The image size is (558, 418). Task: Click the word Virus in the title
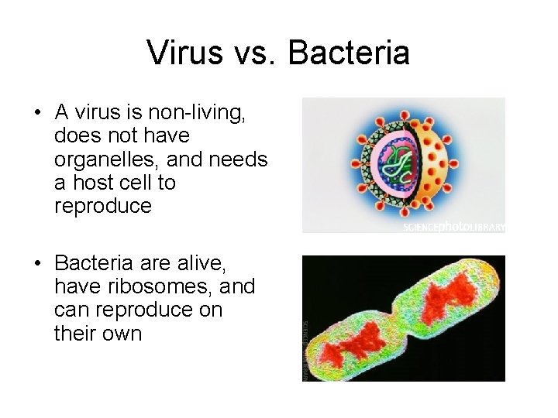click(178, 53)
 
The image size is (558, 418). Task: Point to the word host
click(90, 183)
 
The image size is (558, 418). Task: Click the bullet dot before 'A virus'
click(37, 113)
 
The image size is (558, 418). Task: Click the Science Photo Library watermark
click(453, 228)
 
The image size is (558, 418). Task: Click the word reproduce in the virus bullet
click(103, 207)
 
